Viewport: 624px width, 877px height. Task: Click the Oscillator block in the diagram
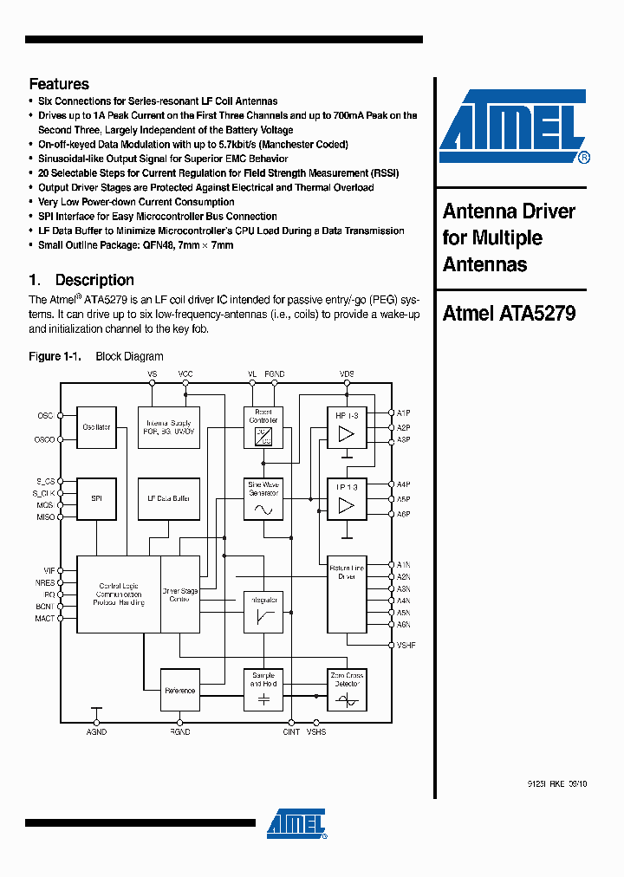click(x=97, y=427)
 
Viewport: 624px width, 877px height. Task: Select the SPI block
click(x=97, y=498)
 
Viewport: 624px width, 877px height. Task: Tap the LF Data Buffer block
click(x=169, y=498)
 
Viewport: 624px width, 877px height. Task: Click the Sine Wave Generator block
click(x=263, y=499)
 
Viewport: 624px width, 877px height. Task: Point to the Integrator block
click(x=263, y=611)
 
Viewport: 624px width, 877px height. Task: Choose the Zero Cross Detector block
click(x=347, y=690)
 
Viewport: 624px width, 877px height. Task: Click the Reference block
click(x=180, y=691)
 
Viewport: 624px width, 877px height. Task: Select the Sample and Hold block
click(x=263, y=690)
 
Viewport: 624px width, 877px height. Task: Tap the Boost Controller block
click(x=263, y=427)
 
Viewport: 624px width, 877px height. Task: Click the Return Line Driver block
click(x=347, y=594)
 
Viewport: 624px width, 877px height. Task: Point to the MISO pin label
click(x=45, y=517)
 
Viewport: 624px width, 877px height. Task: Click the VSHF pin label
click(x=406, y=646)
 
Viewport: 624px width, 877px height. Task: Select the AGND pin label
click(x=96, y=732)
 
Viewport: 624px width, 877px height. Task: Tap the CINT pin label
click(x=291, y=732)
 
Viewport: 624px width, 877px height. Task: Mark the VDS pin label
click(x=347, y=374)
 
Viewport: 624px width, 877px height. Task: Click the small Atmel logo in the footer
click(x=296, y=824)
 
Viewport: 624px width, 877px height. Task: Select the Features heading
click(x=59, y=84)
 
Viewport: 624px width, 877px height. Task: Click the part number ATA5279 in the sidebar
click(x=537, y=313)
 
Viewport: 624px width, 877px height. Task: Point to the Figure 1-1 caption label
click(x=55, y=356)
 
